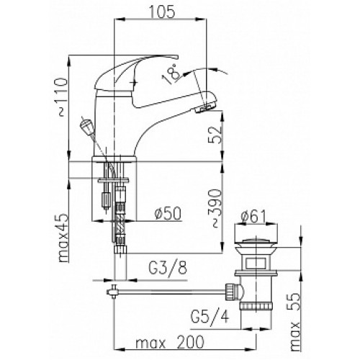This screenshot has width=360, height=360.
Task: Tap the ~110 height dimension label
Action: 63,96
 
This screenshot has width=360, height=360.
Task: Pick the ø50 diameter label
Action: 168,213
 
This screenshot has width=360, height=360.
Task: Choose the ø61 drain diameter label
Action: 253,216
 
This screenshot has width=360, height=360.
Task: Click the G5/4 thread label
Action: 210,316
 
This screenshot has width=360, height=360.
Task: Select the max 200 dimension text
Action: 170,342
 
